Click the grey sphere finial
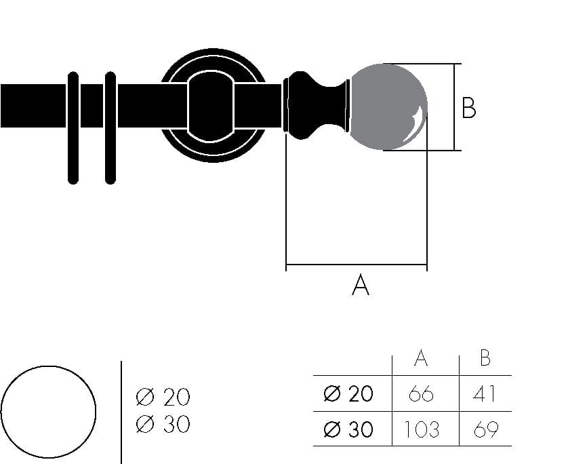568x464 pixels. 388,107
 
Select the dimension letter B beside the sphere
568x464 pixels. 468,108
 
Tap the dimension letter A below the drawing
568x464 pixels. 361,285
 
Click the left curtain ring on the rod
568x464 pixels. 73,128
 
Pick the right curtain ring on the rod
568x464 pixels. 110,128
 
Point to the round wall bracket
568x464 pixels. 212,106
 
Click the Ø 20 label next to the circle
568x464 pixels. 163,397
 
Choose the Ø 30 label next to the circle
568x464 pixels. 163,425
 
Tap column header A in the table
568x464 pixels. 421,359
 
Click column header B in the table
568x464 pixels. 485,359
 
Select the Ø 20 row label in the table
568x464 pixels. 348,394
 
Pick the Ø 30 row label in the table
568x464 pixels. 348,429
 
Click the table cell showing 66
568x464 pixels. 422,394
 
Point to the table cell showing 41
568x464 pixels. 485,394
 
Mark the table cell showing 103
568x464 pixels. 422,429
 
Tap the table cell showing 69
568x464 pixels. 485,429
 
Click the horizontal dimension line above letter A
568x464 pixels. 357,265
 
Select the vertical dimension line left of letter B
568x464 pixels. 455,107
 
